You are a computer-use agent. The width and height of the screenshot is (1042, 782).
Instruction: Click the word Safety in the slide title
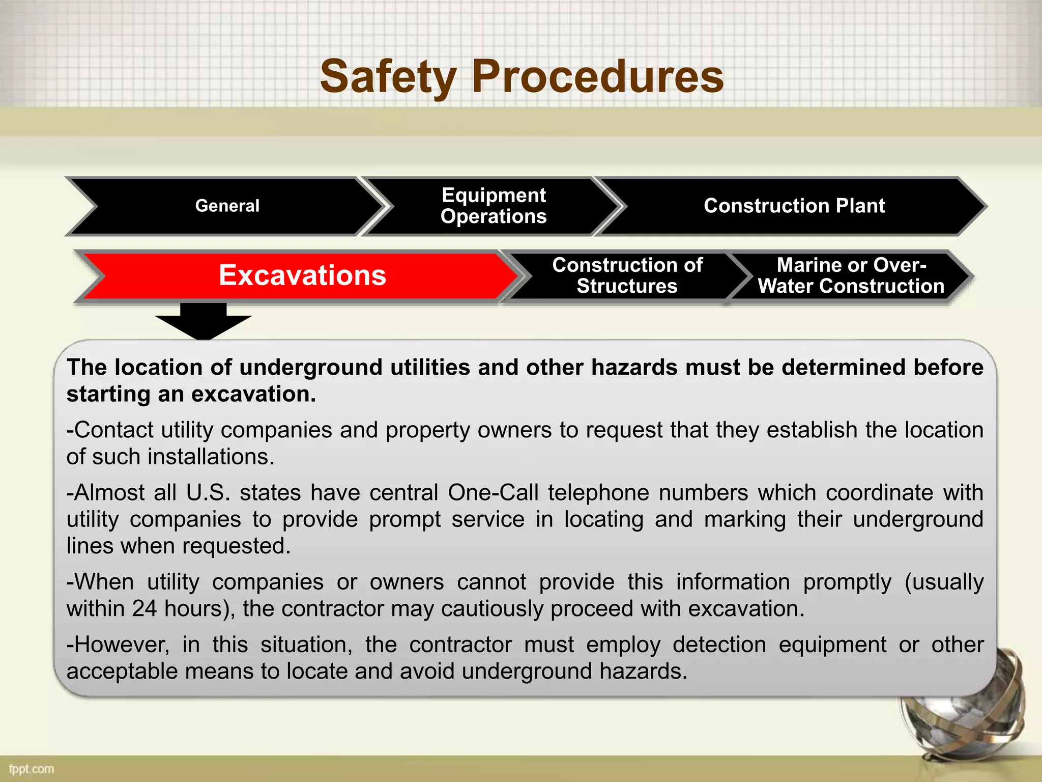click(388, 77)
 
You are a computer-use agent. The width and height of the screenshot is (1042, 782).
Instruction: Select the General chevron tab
click(227, 206)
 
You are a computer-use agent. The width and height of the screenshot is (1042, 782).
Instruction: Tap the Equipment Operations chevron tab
click(494, 206)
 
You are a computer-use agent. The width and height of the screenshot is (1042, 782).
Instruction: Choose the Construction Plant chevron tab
click(794, 206)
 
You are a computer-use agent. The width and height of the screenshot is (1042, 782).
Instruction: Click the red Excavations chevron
click(302, 275)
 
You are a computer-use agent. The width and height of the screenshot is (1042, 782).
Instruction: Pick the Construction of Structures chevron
click(627, 276)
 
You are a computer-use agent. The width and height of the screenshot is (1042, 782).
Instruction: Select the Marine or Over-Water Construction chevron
click(851, 276)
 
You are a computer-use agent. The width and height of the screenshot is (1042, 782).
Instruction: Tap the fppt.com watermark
click(32, 769)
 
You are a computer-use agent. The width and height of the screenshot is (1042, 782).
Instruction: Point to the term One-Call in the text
click(493, 493)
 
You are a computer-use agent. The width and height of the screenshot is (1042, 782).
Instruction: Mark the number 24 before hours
click(144, 609)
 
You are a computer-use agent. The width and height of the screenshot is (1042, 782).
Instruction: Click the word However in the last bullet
click(121, 645)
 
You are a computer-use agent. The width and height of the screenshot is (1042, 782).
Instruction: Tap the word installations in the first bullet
click(211, 457)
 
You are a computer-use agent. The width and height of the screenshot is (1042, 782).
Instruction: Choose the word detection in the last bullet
click(719, 645)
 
